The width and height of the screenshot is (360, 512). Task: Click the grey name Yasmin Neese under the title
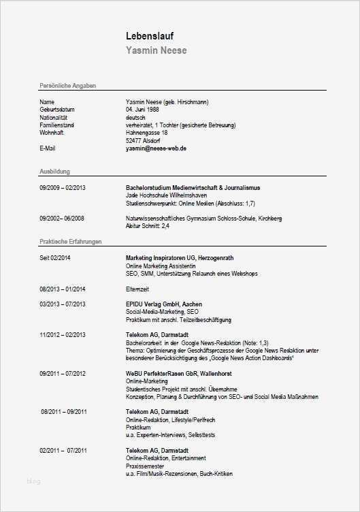point(156,50)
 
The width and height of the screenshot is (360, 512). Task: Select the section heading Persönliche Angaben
point(68,86)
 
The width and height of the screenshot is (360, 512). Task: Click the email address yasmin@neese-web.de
point(156,148)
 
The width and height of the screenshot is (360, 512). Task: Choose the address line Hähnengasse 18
point(146,132)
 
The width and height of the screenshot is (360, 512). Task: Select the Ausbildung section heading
point(55,172)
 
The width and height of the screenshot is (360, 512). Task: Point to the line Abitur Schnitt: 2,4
point(148,226)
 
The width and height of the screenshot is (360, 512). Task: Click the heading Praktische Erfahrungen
point(71,242)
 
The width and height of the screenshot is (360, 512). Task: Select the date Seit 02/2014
point(55,258)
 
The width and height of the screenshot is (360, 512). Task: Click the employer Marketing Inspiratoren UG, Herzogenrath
point(180,258)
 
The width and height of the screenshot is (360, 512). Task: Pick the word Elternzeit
point(138,289)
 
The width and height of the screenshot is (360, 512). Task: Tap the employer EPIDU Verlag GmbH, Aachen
point(163,304)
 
